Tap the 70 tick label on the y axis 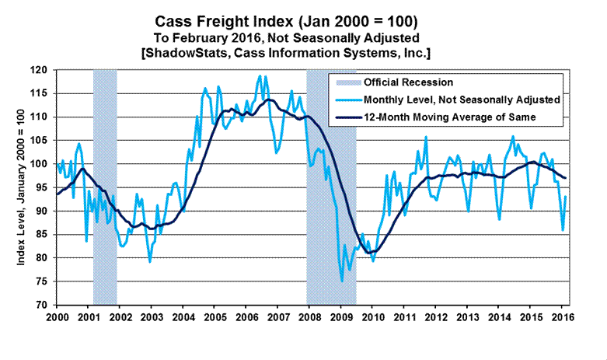47,305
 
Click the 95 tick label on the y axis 47,187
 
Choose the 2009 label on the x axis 340,317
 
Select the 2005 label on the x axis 215,317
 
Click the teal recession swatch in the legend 345,82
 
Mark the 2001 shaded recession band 105,187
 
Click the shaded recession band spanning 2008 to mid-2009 331,187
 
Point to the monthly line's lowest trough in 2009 340,281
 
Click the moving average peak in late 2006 270,100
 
